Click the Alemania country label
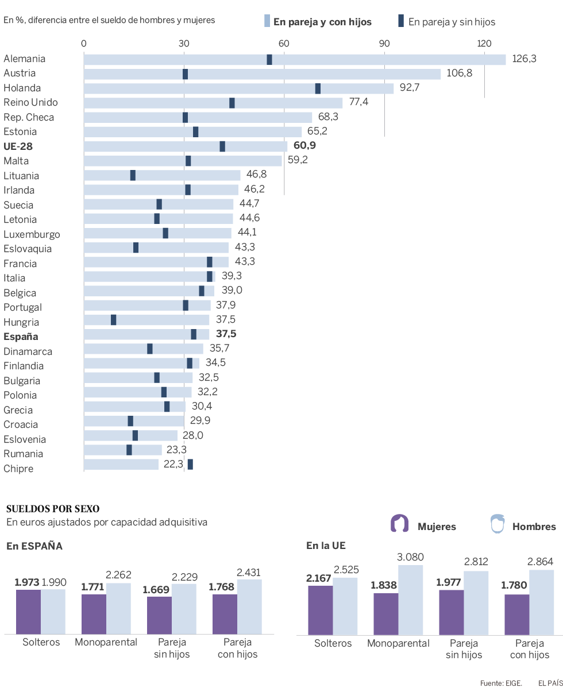[x=24, y=59]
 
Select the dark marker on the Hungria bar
[x=114, y=320]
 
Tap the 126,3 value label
[x=524, y=59]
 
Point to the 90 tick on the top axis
[x=384, y=44]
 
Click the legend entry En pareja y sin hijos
[x=446, y=22]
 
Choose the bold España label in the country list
[x=21, y=337]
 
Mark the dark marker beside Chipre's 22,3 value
[x=190, y=464]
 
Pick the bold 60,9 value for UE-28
[x=304, y=146]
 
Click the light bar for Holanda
[x=238, y=88]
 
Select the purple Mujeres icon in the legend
[x=399, y=524]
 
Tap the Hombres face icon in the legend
[x=497, y=524]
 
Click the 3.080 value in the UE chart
[x=411, y=556]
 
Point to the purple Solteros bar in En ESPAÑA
[x=28, y=611]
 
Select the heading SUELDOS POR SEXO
[x=52, y=509]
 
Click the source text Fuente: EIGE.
[x=501, y=683]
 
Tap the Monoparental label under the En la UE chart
[x=399, y=643]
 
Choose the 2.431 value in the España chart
[x=249, y=572]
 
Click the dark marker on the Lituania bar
[x=133, y=176]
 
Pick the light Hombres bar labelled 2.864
[x=541, y=602]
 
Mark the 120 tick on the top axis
[x=484, y=44]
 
